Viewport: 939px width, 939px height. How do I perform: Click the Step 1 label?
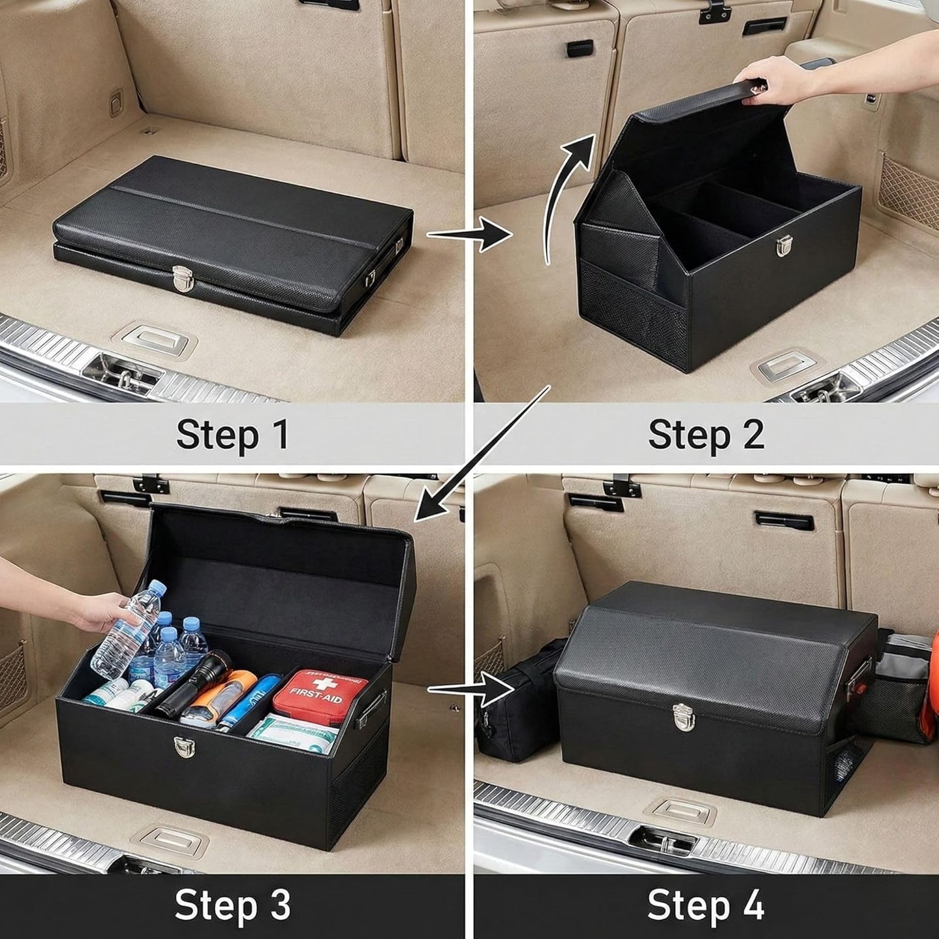232,435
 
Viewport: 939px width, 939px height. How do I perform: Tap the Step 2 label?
706,435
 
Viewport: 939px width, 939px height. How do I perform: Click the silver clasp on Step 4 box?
682,717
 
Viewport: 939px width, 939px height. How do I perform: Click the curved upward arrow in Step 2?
565,195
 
